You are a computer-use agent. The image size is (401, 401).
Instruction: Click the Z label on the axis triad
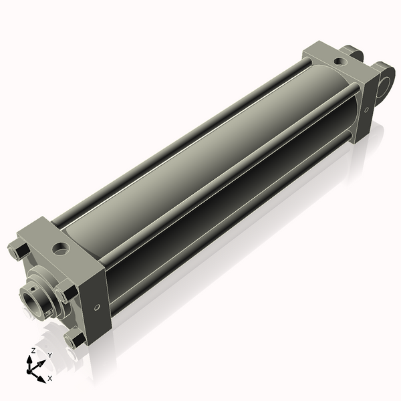[x=33, y=350]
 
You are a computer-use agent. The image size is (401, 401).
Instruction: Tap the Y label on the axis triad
[x=50, y=355]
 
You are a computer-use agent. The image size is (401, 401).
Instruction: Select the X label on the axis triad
[x=49, y=378]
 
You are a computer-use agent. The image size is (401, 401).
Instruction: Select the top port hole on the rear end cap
[x=341, y=61]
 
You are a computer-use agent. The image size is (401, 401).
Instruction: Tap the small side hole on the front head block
[x=98, y=307]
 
